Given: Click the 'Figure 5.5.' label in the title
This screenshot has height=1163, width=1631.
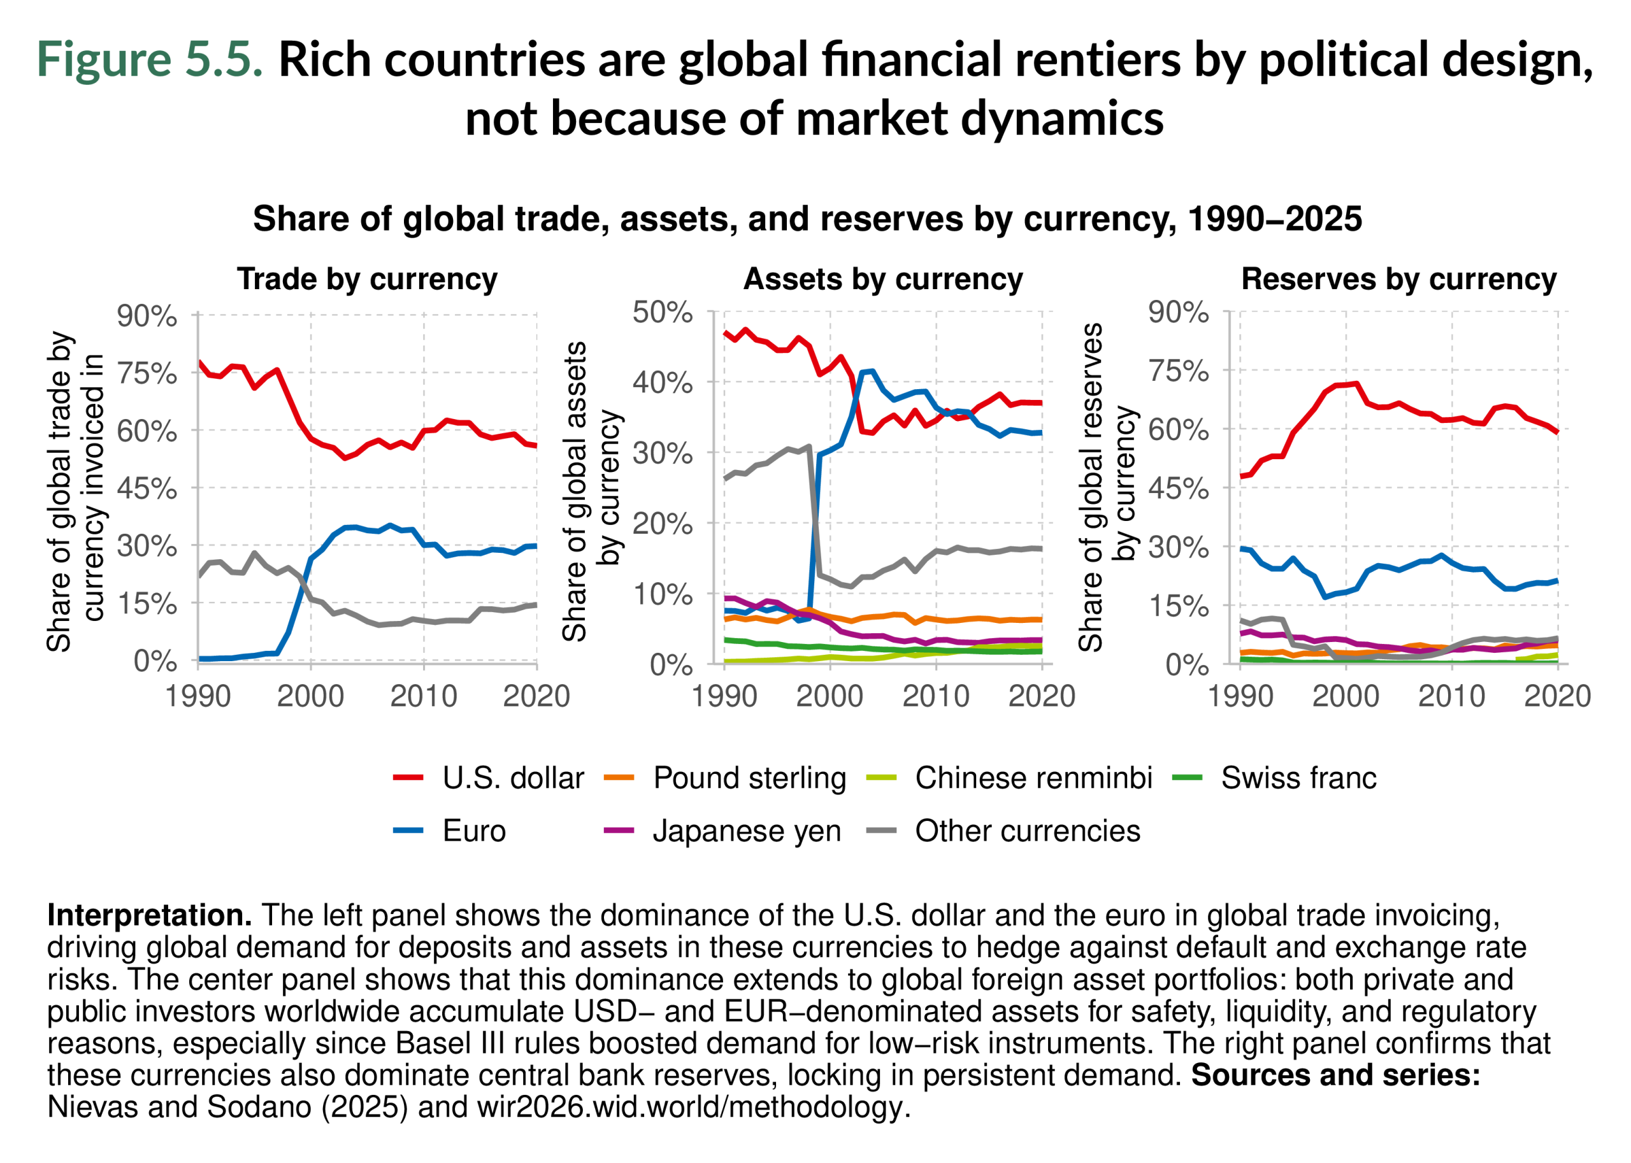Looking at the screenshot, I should coord(150,59).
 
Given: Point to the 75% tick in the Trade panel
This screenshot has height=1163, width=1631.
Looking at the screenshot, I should coord(147,373).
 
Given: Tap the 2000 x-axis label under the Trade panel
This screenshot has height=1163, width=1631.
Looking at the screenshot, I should coord(310,696).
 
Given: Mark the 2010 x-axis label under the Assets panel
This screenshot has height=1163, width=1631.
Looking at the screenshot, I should coord(935,696).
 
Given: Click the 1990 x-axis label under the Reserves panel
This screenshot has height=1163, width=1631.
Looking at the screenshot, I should coord(1240,696).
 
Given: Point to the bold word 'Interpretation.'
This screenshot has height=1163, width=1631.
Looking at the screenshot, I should coord(149,915).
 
